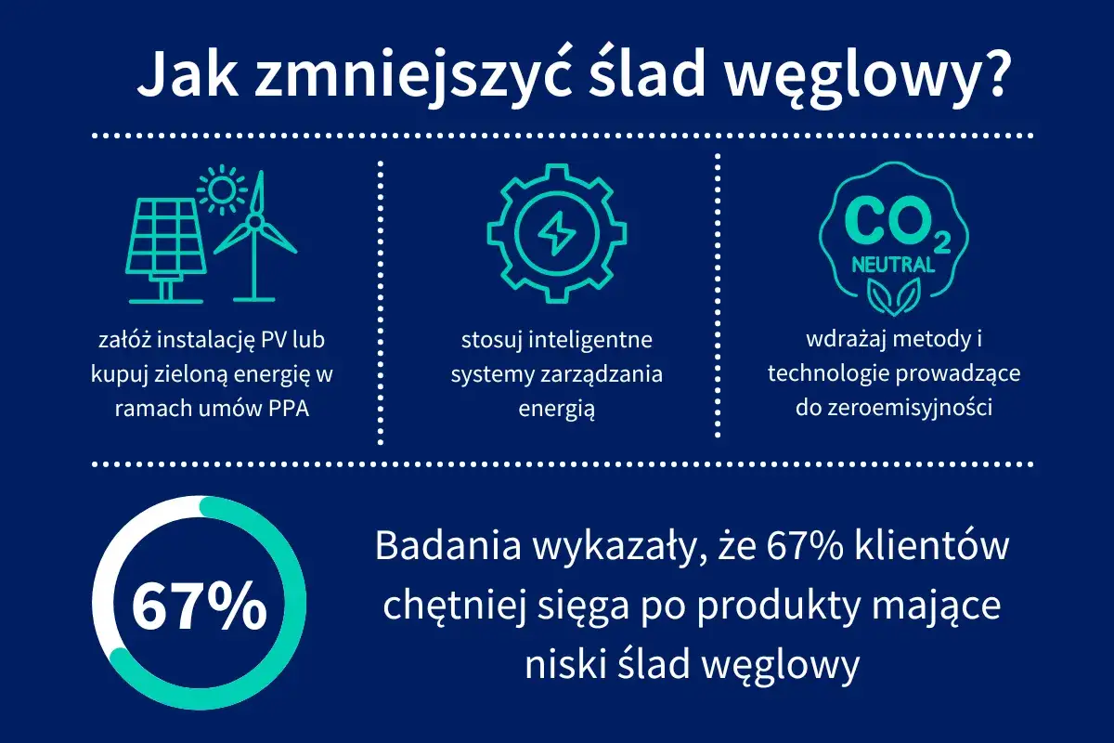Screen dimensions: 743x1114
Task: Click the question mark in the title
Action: click(990, 74)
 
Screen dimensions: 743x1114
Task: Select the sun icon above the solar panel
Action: click(222, 190)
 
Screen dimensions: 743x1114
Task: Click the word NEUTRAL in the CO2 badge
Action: click(893, 265)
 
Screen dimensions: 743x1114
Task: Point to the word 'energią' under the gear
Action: click(556, 408)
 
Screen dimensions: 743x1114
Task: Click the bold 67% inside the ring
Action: click(199, 607)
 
